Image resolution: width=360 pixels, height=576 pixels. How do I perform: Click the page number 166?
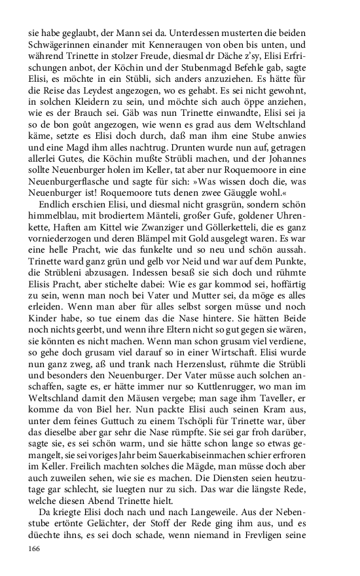pos(35,548)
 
